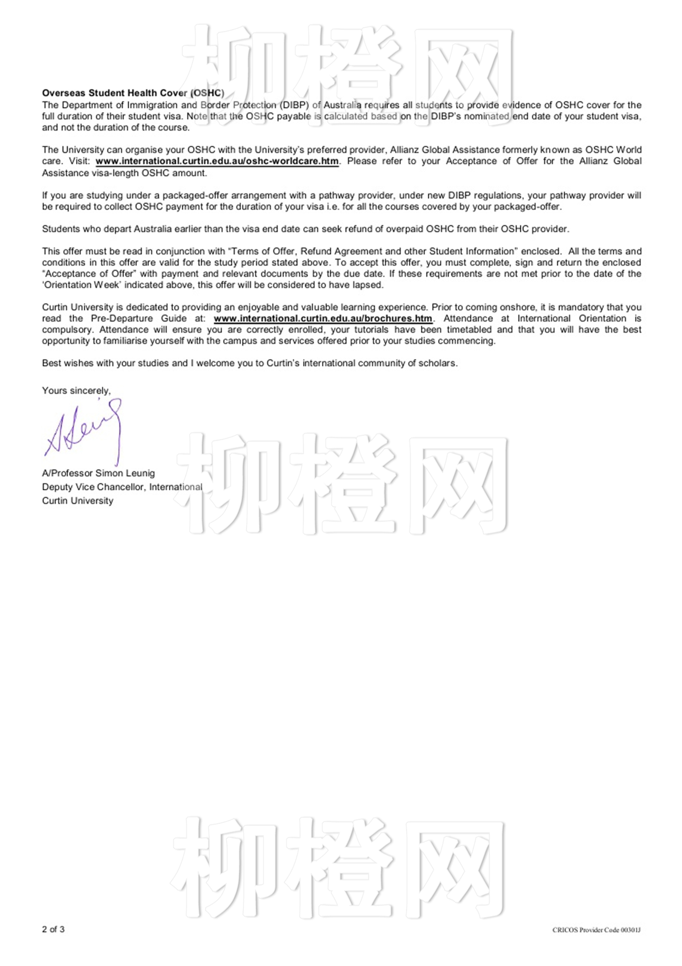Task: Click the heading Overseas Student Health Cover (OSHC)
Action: [x=133, y=93]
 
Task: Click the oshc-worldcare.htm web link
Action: [x=217, y=161]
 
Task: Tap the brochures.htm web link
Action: [x=322, y=319]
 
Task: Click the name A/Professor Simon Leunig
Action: [x=98, y=473]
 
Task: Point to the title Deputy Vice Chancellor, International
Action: [x=122, y=487]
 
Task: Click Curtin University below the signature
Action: [x=77, y=501]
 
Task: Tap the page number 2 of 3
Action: [x=53, y=929]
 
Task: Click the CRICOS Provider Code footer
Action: [x=596, y=930]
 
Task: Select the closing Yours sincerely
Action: [x=76, y=391]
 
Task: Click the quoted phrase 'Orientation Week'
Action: [x=81, y=285]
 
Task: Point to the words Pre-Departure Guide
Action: [x=139, y=319]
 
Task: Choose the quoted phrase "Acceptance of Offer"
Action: [x=89, y=274]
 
